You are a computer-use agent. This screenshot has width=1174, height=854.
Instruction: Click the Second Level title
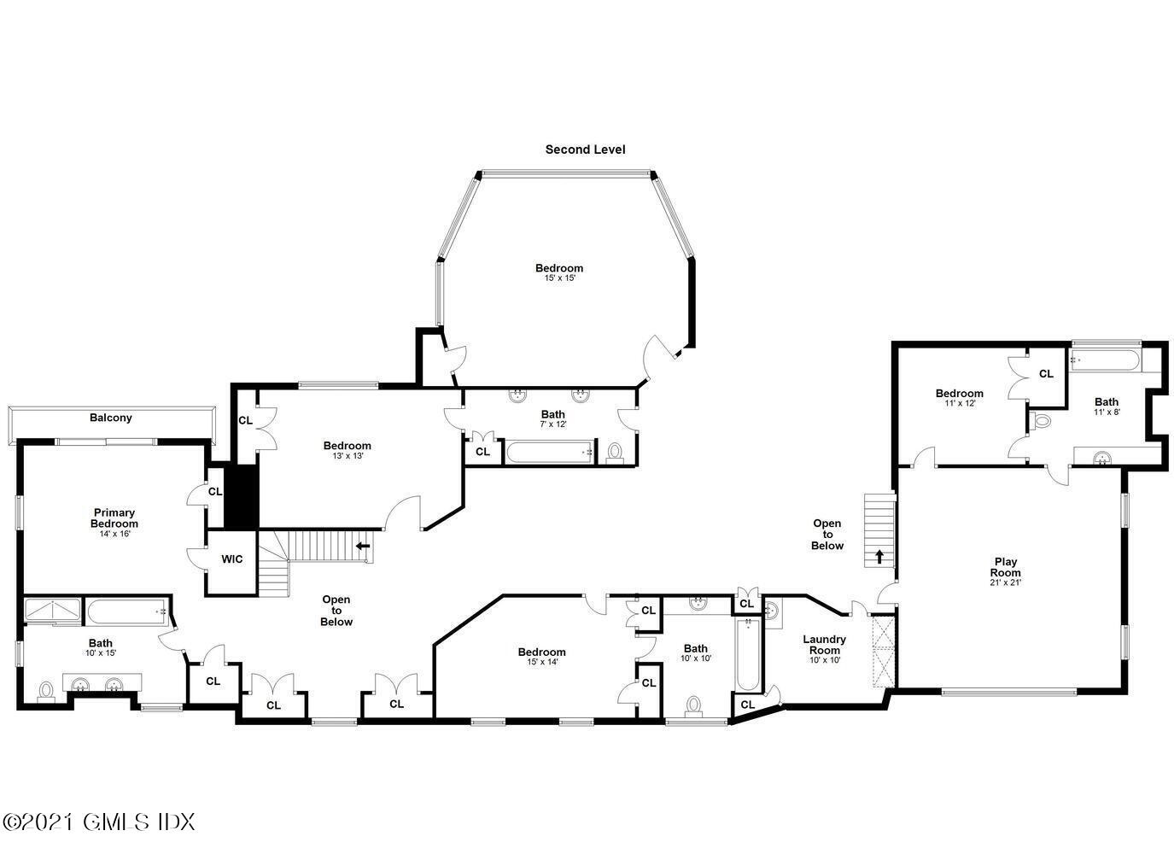[x=585, y=149]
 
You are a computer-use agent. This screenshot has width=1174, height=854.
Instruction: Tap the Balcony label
[x=111, y=418]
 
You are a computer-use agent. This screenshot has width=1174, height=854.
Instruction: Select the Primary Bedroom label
[x=114, y=518]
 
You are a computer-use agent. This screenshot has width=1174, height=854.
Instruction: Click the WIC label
[x=231, y=559]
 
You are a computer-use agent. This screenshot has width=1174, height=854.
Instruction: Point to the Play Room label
[x=1005, y=567]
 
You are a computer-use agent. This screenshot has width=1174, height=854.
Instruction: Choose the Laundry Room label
[x=825, y=644]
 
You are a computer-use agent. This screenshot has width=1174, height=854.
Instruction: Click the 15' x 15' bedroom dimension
[x=560, y=278]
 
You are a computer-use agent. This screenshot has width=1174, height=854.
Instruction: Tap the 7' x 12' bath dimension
[x=553, y=424]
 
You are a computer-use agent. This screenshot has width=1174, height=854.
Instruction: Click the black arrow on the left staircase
[x=363, y=546]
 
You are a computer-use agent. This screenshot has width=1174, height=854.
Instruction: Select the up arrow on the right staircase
[x=879, y=556]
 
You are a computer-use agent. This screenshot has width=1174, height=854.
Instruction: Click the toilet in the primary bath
[x=47, y=691]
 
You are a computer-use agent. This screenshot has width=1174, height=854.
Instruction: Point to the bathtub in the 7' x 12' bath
[x=549, y=452]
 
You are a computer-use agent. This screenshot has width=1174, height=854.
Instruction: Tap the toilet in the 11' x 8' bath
[x=1039, y=420]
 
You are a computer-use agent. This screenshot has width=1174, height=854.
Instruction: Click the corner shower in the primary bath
[x=53, y=611]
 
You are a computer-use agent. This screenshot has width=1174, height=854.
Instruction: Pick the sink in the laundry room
[x=772, y=611]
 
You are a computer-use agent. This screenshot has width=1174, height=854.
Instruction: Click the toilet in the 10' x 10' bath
[x=694, y=705]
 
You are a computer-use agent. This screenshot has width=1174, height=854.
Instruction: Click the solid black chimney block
[x=242, y=496]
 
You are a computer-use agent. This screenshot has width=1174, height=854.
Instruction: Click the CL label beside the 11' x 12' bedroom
[x=1046, y=374]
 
